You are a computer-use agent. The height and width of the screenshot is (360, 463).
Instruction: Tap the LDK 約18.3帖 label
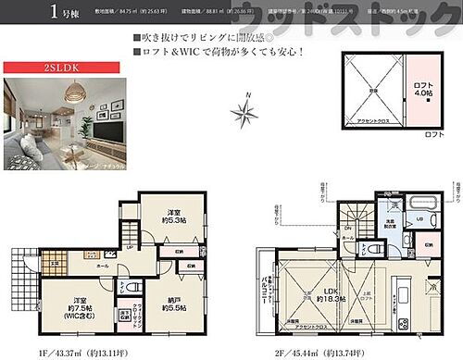click(331, 300)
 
